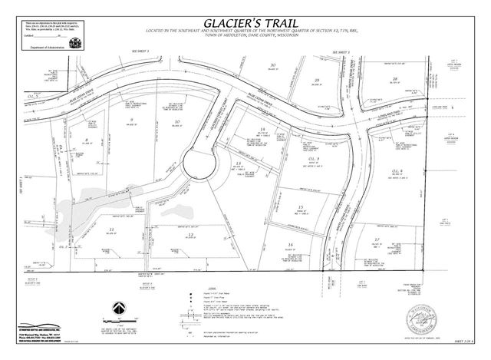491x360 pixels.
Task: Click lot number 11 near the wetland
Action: pos(112,230)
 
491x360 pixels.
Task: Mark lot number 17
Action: pos(377,240)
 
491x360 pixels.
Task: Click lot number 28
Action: pos(394,79)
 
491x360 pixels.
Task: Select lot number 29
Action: pos(315,81)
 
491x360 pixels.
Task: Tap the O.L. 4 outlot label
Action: pos(397,170)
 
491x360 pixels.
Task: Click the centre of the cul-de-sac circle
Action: pos(201,163)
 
